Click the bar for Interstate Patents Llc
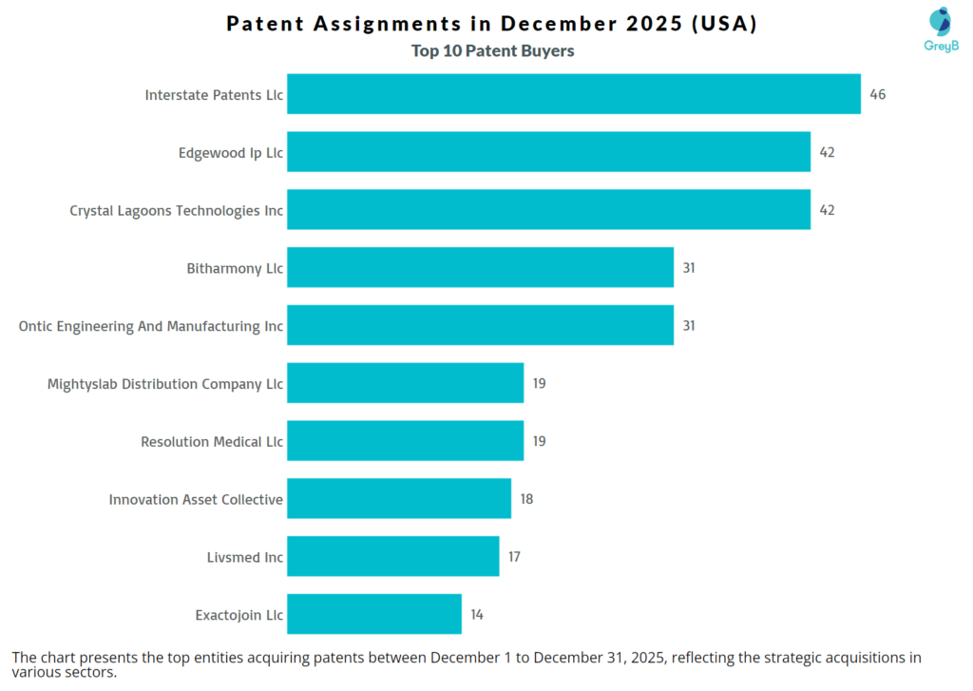(574, 94)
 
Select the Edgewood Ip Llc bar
(548, 152)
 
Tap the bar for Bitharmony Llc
(480, 268)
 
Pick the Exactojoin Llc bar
(374, 614)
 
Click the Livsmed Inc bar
(392, 556)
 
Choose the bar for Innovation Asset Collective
(399, 499)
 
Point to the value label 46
(877, 94)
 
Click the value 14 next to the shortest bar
(477, 614)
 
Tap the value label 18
(526, 499)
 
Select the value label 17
(514, 556)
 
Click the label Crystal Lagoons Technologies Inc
(176, 210)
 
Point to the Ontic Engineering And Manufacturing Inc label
(150, 326)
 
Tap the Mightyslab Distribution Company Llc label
(164, 384)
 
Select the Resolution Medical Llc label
(211, 441)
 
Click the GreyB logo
(940, 29)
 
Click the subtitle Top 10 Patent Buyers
(492, 51)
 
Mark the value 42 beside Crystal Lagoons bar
(827, 210)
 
